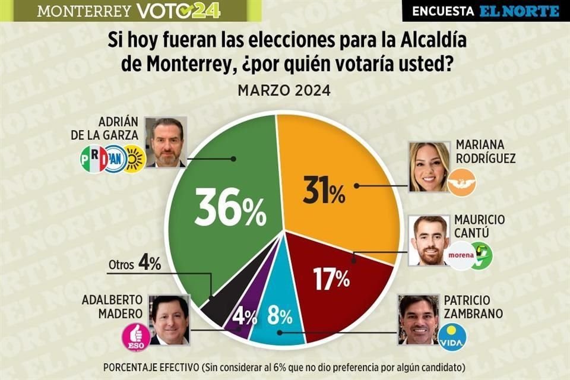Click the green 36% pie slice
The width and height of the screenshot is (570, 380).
tap(220, 208)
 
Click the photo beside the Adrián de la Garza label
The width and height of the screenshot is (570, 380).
tap(166, 141)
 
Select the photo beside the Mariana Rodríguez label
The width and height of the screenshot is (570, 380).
tap(430, 166)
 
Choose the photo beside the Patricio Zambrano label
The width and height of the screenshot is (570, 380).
tap(418, 319)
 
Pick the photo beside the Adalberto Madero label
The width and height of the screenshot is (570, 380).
tap(169, 319)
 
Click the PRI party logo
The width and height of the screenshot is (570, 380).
tap(94, 159)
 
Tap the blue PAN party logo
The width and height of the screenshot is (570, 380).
tap(115, 159)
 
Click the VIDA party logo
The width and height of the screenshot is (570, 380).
tap(452, 337)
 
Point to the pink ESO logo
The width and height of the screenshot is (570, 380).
tap(135, 337)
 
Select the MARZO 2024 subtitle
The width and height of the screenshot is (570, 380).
tap(284, 91)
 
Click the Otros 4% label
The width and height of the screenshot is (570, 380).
tap(135, 264)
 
